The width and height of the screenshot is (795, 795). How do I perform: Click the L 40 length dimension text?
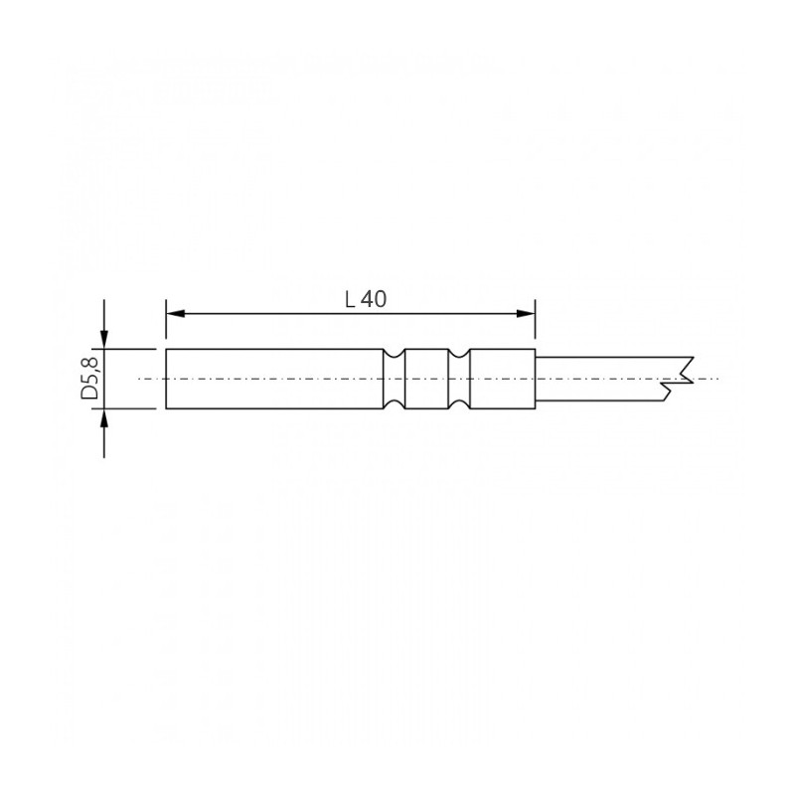click(x=365, y=299)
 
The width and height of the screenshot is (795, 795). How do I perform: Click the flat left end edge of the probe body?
click(x=166, y=379)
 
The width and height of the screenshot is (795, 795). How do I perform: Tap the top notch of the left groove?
click(x=396, y=354)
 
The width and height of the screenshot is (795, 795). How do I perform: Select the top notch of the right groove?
click(x=459, y=354)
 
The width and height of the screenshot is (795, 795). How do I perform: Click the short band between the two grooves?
click(x=427, y=379)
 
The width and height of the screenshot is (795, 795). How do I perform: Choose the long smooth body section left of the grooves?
click(x=273, y=379)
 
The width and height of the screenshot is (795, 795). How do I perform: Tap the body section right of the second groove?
click(x=502, y=379)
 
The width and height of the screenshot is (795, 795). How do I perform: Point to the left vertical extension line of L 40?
click(x=166, y=323)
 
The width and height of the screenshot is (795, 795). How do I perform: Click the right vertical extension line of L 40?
click(x=536, y=323)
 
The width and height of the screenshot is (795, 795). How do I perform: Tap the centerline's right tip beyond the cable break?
click(x=714, y=379)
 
